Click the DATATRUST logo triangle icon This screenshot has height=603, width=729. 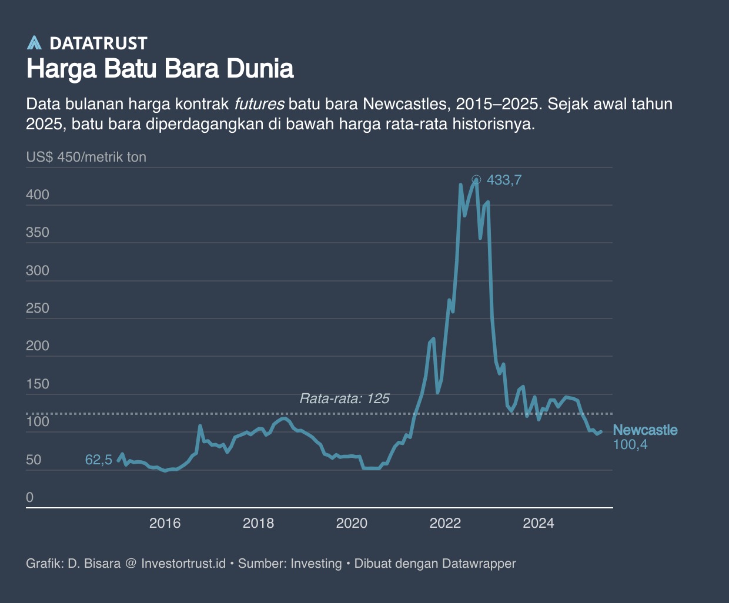pos(35,43)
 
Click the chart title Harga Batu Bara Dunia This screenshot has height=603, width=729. pos(160,69)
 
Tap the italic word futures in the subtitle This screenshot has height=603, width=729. pos(259,105)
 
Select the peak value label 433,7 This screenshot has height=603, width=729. pos(504,180)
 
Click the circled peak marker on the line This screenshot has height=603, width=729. pos(476,180)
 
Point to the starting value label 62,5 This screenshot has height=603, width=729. pos(98,460)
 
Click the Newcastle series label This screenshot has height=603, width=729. pos(645,430)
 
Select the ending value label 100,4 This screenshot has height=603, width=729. pos(630,445)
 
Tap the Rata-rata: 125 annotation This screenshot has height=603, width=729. pos(345,398)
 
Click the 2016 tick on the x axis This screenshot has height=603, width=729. pos(165,523)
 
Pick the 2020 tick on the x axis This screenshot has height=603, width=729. pos(352,523)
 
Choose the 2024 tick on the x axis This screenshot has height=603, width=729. pos(539,523)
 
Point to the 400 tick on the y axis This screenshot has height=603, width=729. pos(38,195)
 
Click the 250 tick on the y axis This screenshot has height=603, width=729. pos(38,309)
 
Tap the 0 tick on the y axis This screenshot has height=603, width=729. pos(30,497)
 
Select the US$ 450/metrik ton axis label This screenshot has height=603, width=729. pos(86,158)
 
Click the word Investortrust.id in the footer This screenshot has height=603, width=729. pos(183,564)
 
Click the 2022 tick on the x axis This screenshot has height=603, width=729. pos(445,523)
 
